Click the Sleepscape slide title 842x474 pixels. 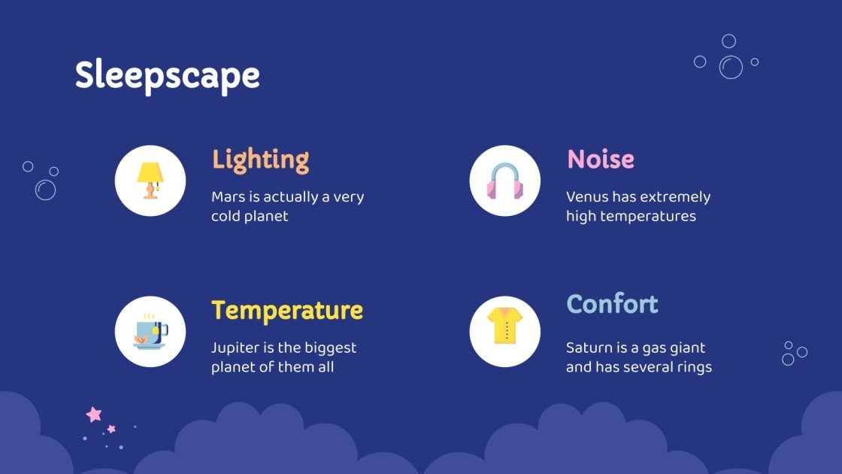pyautogui.click(x=167, y=76)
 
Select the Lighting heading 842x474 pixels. pyautogui.click(x=260, y=160)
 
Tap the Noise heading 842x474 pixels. pyautogui.click(x=600, y=160)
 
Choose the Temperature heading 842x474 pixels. pyautogui.click(x=286, y=310)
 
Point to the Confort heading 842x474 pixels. pyautogui.click(x=611, y=304)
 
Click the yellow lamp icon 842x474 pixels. pyautogui.click(x=150, y=181)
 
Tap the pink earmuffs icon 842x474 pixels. pyautogui.click(x=504, y=181)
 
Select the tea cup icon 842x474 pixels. pyautogui.click(x=150, y=332)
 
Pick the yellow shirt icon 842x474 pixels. pyautogui.click(x=504, y=326)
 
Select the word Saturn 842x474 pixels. pyautogui.click(x=589, y=348)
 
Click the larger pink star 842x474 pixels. pyautogui.click(x=94, y=414)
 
